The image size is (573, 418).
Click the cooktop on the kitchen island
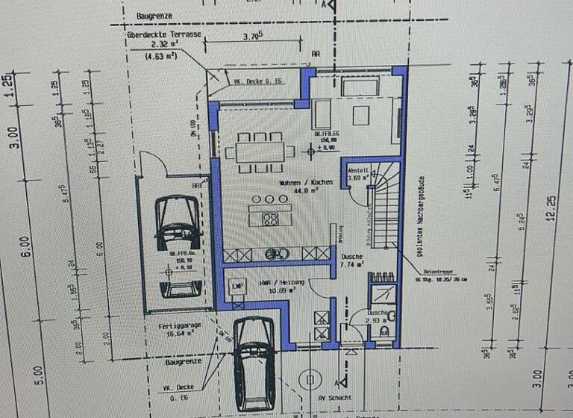[270, 219]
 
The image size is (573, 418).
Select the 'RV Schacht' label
[336, 398]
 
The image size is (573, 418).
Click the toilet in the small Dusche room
[384, 329]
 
